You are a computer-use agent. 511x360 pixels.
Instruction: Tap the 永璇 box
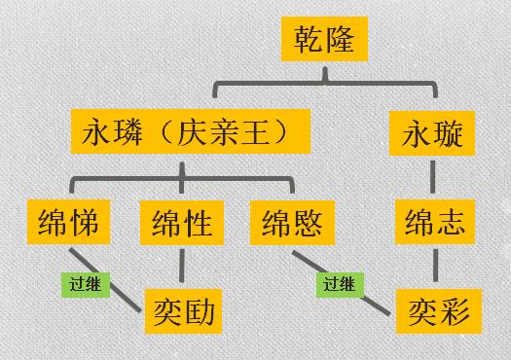[433, 133]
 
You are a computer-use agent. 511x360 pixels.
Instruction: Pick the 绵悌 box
[70, 224]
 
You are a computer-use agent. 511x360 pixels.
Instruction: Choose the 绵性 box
[182, 224]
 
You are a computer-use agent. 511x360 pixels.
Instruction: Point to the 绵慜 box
[291, 224]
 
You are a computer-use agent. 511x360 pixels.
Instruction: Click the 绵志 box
[433, 224]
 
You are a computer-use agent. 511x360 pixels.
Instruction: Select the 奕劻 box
[182, 312]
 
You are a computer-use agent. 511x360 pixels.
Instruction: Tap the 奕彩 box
[433, 312]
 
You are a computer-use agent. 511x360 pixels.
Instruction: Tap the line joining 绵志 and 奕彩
[433, 268]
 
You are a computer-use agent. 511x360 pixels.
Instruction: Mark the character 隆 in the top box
[347, 42]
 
